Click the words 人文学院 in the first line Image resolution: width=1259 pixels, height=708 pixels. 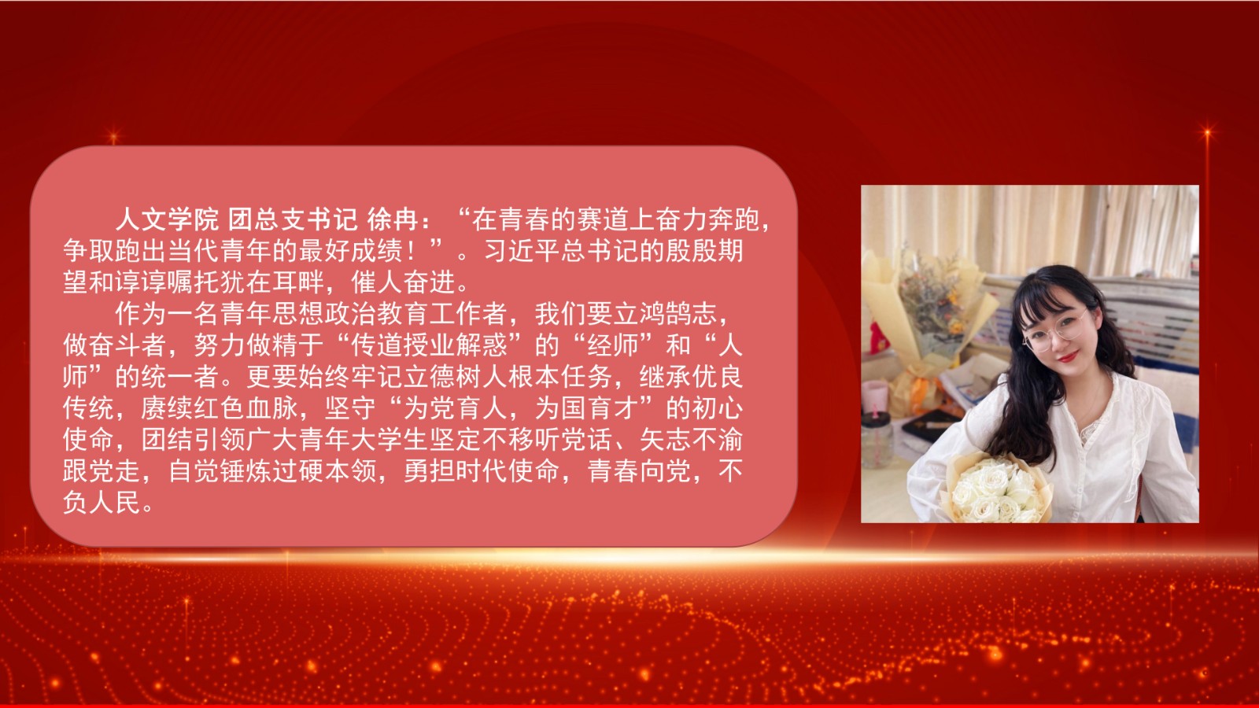click(x=167, y=219)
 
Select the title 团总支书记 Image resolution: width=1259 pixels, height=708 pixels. click(x=292, y=219)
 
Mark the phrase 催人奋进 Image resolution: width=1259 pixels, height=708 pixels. click(x=403, y=282)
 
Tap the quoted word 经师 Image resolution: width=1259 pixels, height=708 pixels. click(x=613, y=345)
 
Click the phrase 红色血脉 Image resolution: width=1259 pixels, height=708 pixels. click(x=246, y=408)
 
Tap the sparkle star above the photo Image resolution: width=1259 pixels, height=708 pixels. click(x=1207, y=133)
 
